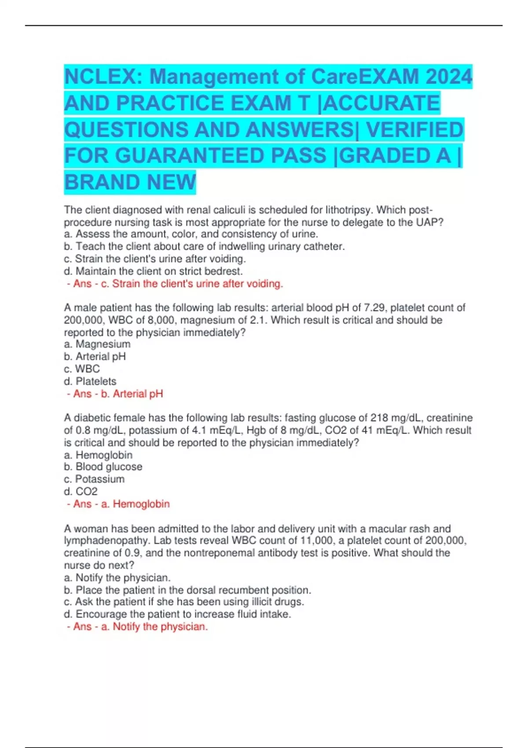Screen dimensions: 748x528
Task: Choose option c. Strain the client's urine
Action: (x=155, y=259)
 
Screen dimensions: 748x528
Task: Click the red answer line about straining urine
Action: (x=175, y=284)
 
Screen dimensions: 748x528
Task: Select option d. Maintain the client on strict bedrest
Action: (x=154, y=271)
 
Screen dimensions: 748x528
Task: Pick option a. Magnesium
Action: (x=97, y=344)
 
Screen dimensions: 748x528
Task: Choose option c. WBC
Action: (x=82, y=369)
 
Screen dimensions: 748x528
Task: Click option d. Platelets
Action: (x=90, y=381)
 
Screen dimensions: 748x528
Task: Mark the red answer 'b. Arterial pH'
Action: (x=115, y=394)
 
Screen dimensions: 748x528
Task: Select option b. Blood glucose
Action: (x=103, y=467)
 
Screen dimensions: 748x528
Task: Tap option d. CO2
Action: (x=81, y=491)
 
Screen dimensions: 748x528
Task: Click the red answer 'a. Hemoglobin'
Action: (x=119, y=504)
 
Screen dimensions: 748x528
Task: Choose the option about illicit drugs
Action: (x=184, y=602)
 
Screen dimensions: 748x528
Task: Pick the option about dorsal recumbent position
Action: (x=187, y=590)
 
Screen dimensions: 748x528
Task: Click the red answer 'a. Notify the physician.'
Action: (x=137, y=627)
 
